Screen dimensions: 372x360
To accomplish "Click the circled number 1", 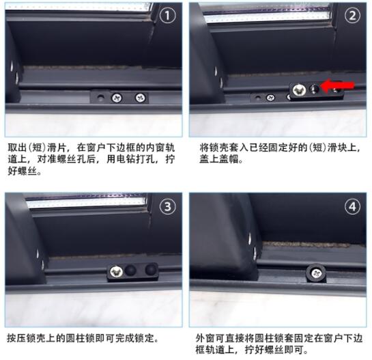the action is pos(168,16).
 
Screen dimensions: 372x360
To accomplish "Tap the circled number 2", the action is pos(352,16).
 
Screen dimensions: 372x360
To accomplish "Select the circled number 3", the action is pos(168,206).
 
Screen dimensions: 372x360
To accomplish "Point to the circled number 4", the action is pos(352,206).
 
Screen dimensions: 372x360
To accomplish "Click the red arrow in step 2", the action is pos(337,85).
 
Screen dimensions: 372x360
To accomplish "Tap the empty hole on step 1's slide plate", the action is pos(100,98).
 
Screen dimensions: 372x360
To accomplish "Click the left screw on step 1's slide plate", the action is pos(117,98).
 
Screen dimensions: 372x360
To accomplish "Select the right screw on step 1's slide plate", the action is pos(140,97).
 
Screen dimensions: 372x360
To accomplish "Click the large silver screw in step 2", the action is pos(299,90).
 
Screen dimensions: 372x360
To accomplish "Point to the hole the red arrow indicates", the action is pos(315,89).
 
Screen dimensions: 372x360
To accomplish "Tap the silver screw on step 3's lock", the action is pos(116,272).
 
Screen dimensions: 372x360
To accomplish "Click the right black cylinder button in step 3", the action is pos(151,269).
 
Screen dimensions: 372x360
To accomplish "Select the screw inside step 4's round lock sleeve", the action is pos(316,273).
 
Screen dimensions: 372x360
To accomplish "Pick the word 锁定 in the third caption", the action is pos(144,338).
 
